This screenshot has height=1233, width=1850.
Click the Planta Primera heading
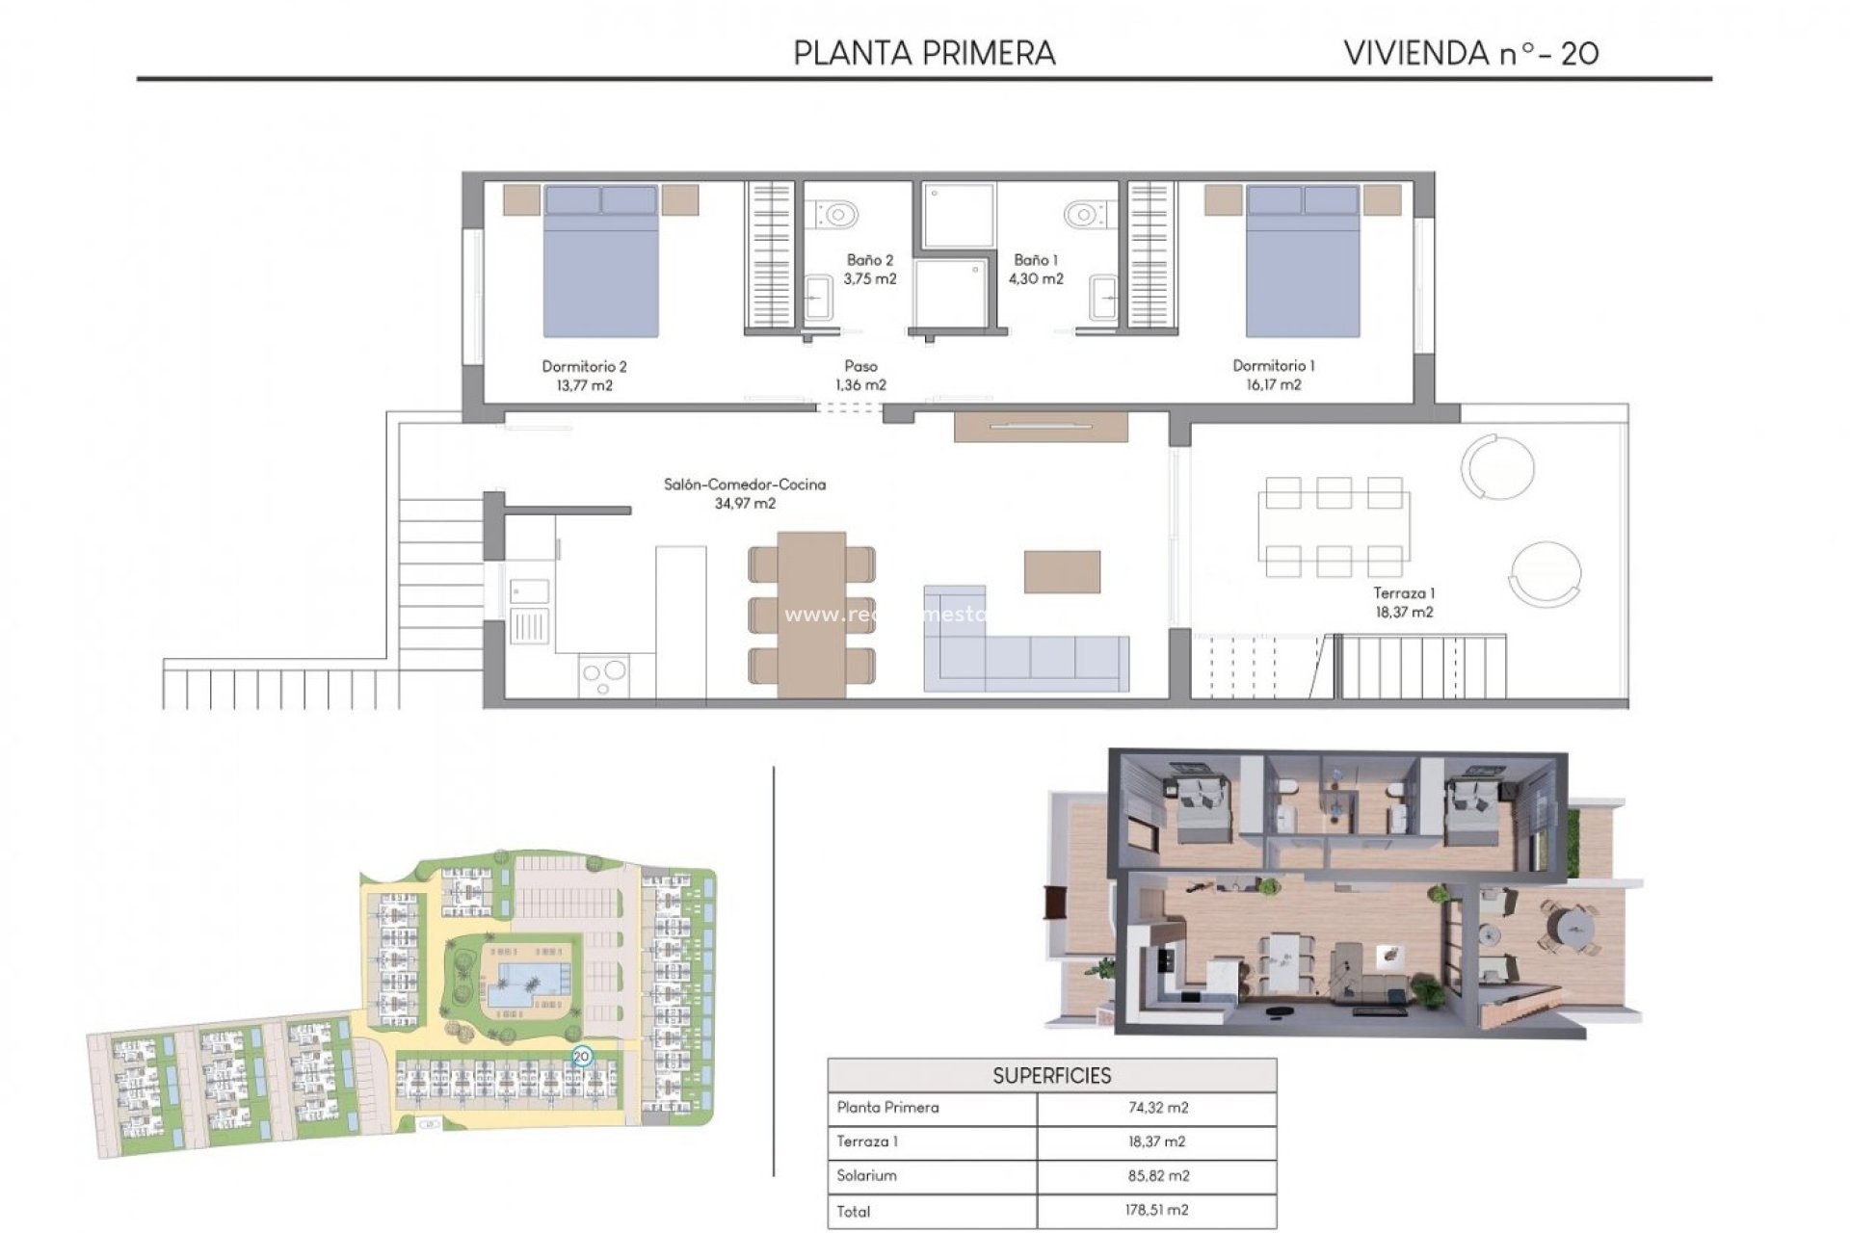(x=924, y=53)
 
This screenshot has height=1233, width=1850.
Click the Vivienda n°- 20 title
(x=1470, y=53)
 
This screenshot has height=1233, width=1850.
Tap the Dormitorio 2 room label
(x=584, y=376)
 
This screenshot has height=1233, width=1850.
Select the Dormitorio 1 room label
(x=1273, y=375)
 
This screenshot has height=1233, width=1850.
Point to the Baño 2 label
(x=869, y=269)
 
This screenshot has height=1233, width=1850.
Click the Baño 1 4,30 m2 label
(x=1036, y=269)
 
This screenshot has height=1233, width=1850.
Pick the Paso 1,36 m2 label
(x=860, y=375)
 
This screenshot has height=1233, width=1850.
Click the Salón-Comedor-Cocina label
(x=744, y=493)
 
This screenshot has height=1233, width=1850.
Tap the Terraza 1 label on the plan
(x=1404, y=602)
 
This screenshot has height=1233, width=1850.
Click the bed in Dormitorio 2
(x=600, y=260)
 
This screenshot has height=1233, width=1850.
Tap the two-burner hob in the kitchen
(x=604, y=674)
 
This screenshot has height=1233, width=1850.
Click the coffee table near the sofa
(x=1062, y=571)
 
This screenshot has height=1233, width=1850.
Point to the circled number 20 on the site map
(x=581, y=1057)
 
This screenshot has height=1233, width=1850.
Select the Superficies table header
(x=1051, y=1075)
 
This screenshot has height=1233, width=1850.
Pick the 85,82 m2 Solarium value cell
(x=1157, y=1175)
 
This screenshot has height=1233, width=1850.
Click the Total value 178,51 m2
(x=1157, y=1210)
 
